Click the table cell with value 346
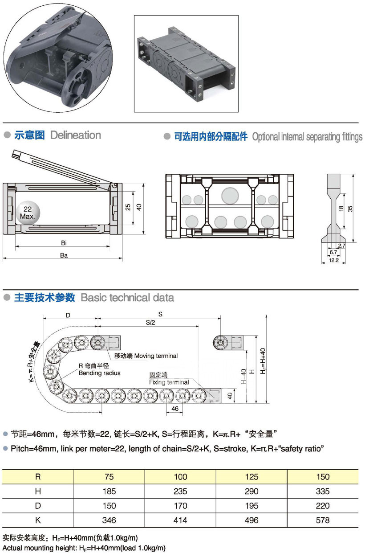click(109, 520)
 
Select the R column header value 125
click(251, 477)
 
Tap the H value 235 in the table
click(180, 491)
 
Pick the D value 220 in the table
click(323, 506)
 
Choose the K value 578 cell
click(323, 520)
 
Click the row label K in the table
click(38, 520)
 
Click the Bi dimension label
click(64, 242)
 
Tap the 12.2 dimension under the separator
click(335, 260)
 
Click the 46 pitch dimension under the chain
click(174, 408)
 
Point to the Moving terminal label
click(146, 356)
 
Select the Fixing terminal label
click(169, 382)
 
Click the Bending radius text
click(100, 373)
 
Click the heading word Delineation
click(76, 135)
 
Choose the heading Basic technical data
click(127, 298)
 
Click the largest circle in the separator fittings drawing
click(230, 195)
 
